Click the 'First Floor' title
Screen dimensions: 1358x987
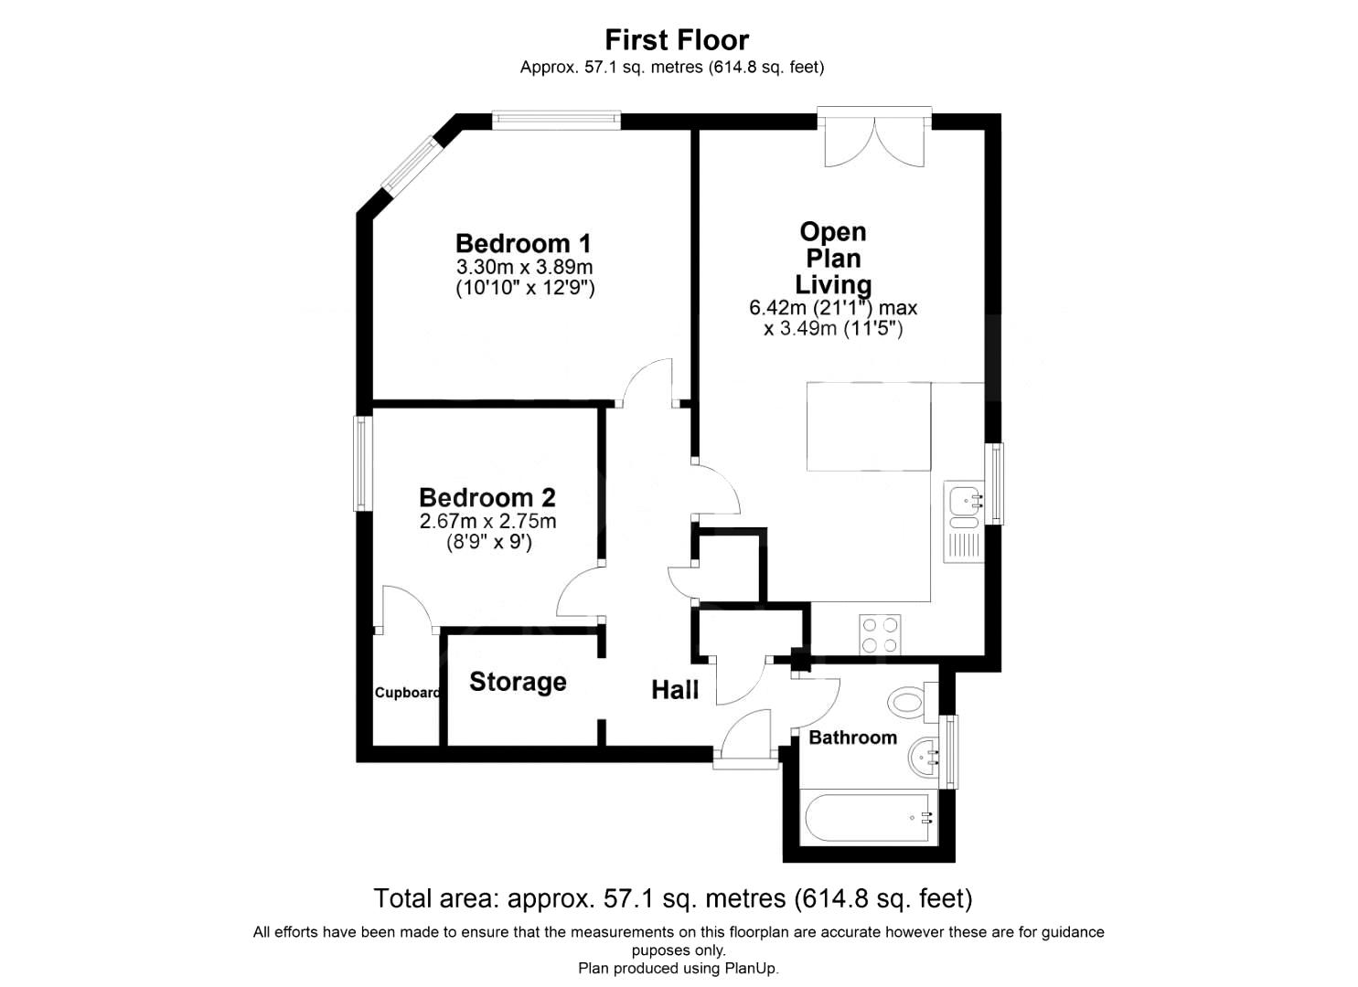pyautogui.click(x=677, y=40)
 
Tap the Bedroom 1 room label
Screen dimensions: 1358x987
pyautogui.click(x=523, y=244)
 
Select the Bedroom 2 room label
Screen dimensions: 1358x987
pyautogui.click(x=487, y=497)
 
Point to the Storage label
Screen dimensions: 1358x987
pyautogui.click(x=518, y=682)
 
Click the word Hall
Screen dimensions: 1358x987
pyautogui.click(x=675, y=690)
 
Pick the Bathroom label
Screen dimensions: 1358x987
pyautogui.click(x=852, y=738)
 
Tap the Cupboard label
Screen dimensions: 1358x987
pyautogui.click(x=407, y=693)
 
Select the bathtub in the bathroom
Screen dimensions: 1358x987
pyautogui.click(x=868, y=817)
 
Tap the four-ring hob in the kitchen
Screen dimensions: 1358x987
pyautogui.click(x=880, y=634)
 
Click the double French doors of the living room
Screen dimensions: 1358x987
pyautogui.click(x=874, y=137)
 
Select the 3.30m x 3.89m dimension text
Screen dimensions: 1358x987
pyautogui.click(x=524, y=267)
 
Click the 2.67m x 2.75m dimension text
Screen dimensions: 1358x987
pyautogui.click(x=487, y=521)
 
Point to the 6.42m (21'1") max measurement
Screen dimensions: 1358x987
pyautogui.click(x=833, y=308)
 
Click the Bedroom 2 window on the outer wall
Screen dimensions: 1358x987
pyautogui.click(x=362, y=463)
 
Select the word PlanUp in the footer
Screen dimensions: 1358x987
pyautogui.click(x=751, y=968)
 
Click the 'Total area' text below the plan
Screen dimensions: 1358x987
pyautogui.click(x=673, y=898)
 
